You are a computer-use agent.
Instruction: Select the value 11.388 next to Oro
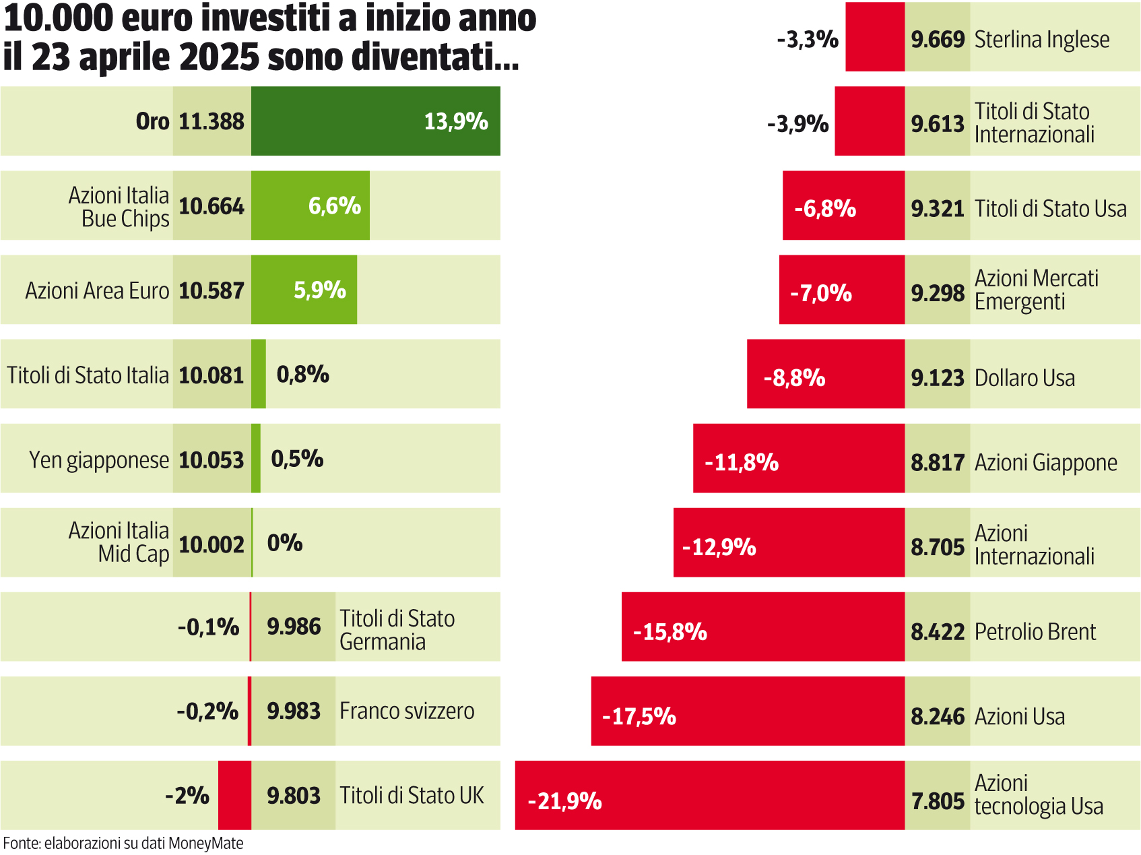pyautogui.click(x=211, y=122)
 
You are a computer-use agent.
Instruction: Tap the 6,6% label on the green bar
pyautogui.click(x=334, y=205)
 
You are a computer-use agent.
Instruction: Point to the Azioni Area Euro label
pyautogui.click(x=97, y=290)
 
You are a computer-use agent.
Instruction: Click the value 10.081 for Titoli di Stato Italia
pyautogui.click(x=211, y=375)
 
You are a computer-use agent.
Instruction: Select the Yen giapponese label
pyautogui.click(x=98, y=460)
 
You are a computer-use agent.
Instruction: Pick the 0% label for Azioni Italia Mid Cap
pyautogui.click(x=284, y=543)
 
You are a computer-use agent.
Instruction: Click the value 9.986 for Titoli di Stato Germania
pyautogui.click(x=294, y=627)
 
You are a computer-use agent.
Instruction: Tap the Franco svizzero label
pyautogui.click(x=407, y=711)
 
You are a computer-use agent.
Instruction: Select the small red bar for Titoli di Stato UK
pyautogui.click(x=234, y=795)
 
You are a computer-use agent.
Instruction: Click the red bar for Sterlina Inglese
pyautogui.click(x=874, y=38)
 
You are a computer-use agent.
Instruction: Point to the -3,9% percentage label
pyautogui.click(x=797, y=124)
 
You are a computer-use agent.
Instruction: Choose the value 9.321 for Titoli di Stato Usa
pyautogui.click(x=937, y=209)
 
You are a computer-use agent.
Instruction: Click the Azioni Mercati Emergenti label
pyautogui.click(x=1036, y=290)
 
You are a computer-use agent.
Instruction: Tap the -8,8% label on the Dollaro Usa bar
pyautogui.click(x=794, y=378)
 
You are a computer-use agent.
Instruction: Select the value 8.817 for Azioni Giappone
pyautogui.click(x=937, y=463)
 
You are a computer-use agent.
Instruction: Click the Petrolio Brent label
pyautogui.click(x=1035, y=632)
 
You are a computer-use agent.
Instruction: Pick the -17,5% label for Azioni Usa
pyautogui.click(x=639, y=716)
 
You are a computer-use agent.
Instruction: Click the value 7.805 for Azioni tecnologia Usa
pyautogui.click(x=937, y=801)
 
